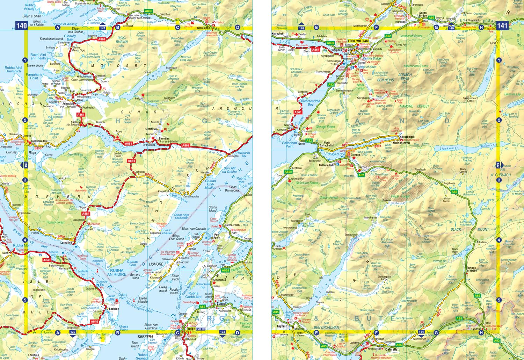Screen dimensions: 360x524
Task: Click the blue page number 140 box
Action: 21,26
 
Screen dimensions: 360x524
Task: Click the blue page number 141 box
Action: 502,26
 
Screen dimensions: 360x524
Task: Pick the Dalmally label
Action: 392,349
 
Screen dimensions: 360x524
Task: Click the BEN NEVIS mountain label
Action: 385,80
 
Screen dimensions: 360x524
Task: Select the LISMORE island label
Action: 156,264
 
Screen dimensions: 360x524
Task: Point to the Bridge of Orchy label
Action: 472,269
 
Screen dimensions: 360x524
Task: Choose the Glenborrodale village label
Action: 39,142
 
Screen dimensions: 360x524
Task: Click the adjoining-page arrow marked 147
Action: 103,28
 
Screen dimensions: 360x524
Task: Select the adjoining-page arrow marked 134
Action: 421,331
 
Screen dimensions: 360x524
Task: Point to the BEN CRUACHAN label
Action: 326,327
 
